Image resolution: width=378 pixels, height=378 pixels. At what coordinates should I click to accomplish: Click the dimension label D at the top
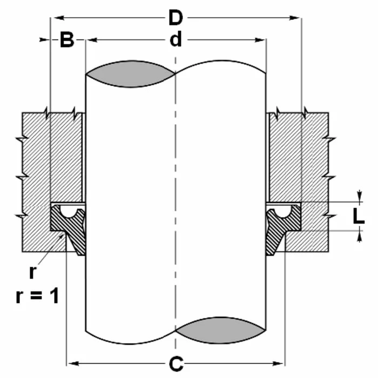click(x=175, y=18)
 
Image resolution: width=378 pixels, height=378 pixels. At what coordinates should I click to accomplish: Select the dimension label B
click(x=66, y=40)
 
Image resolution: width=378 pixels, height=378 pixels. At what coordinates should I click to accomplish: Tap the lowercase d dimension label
click(x=175, y=40)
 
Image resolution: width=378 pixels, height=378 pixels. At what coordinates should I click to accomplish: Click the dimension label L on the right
click(x=359, y=215)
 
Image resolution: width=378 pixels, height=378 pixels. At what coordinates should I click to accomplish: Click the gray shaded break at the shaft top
click(x=131, y=74)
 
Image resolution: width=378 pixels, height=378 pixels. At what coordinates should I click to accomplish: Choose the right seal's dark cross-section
click(x=292, y=221)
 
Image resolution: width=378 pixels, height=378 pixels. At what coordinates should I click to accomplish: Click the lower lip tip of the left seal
click(x=81, y=253)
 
